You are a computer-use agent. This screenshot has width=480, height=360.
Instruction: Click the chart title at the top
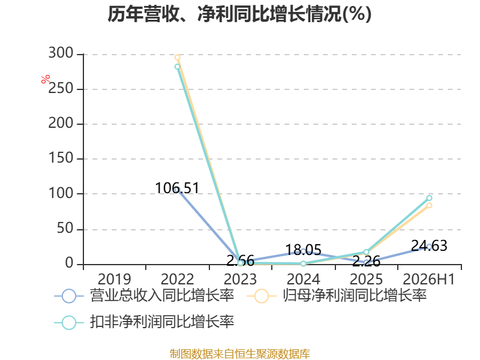(x=239, y=14)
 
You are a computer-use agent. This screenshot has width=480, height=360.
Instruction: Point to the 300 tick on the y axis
(x=61, y=53)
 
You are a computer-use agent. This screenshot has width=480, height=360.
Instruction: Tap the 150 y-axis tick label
(x=61, y=158)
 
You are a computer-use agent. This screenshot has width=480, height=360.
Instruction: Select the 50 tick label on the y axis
(x=65, y=229)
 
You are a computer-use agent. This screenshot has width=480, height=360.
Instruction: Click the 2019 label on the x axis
(x=114, y=279)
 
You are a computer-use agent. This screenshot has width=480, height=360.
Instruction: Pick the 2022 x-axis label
(x=177, y=279)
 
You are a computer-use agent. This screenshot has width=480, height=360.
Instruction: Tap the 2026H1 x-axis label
(x=429, y=279)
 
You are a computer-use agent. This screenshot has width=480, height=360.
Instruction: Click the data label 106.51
(x=177, y=188)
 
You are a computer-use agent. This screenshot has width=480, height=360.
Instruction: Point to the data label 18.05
(x=304, y=250)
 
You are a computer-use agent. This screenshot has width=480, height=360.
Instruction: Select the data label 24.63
(x=429, y=245)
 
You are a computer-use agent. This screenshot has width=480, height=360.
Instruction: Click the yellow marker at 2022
(x=177, y=57)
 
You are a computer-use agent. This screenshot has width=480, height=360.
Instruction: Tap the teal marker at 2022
(x=177, y=67)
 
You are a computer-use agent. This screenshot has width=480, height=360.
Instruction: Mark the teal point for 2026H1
(x=429, y=198)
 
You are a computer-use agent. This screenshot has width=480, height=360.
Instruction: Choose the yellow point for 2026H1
(x=429, y=205)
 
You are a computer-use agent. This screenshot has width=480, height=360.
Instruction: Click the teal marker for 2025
(x=366, y=252)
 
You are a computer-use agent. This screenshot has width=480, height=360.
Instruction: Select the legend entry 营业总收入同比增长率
(x=144, y=296)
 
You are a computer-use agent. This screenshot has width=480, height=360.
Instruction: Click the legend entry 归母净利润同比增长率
(x=337, y=296)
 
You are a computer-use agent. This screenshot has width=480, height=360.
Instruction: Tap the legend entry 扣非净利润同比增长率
(x=144, y=322)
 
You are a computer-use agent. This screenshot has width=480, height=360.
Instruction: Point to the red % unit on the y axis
(x=46, y=79)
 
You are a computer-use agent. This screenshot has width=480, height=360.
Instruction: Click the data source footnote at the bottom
(x=240, y=354)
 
